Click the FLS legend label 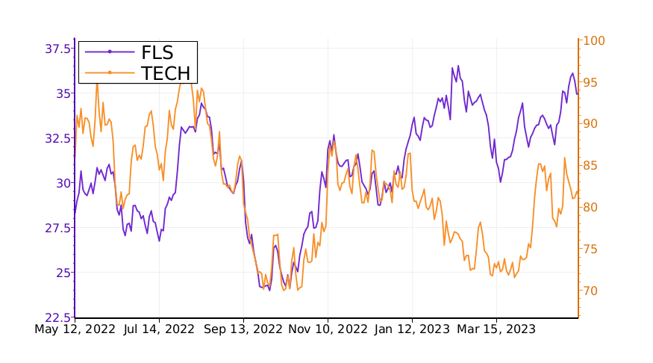coord(157,52)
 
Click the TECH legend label coord(166,72)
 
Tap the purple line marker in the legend coord(110,52)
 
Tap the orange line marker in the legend coord(110,72)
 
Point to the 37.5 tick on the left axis coord(57,49)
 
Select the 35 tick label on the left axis coord(63,93)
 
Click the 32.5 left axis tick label coord(57,138)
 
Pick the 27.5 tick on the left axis coord(57,228)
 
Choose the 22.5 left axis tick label coord(57,317)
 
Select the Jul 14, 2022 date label coord(159,329)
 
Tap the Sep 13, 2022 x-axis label coord(244,329)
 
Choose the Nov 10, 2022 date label coord(328,329)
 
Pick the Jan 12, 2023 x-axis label coord(412,329)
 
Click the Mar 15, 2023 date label coord(496,329)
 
